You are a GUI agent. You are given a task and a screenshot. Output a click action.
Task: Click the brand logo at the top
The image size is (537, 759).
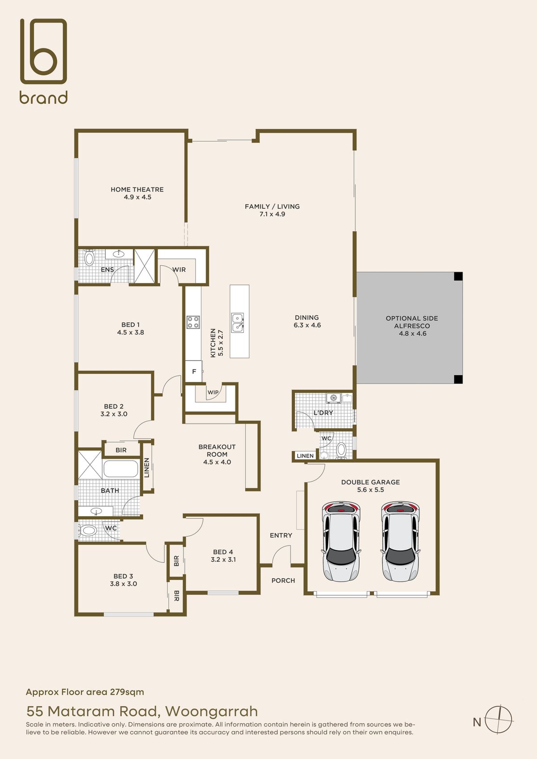[43, 60]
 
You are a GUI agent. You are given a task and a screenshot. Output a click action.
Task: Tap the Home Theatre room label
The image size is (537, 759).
[137, 190]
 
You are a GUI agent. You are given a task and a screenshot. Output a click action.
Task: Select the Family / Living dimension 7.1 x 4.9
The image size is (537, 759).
[272, 214]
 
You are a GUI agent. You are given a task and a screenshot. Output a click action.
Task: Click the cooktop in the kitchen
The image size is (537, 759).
[193, 322]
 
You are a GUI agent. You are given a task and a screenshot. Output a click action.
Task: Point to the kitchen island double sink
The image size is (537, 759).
[238, 322]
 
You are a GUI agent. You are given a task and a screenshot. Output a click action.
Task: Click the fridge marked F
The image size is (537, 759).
[194, 372]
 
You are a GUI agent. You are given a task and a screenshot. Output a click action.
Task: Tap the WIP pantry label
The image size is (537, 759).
[213, 392]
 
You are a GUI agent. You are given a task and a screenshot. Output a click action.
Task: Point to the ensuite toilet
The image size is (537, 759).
[89, 257]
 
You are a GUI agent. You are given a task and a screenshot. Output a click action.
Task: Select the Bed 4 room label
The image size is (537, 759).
[223, 552]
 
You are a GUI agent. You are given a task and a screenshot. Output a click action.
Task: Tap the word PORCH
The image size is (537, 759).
[283, 581]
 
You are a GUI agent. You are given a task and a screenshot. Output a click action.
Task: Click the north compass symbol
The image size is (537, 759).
[499, 719]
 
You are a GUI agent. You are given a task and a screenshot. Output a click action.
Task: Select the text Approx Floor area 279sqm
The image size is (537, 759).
[85, 692]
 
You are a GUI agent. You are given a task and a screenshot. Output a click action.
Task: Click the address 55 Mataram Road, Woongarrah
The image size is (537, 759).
[142, 711]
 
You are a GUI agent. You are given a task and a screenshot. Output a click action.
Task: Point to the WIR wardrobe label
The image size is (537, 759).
[179, 270]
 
